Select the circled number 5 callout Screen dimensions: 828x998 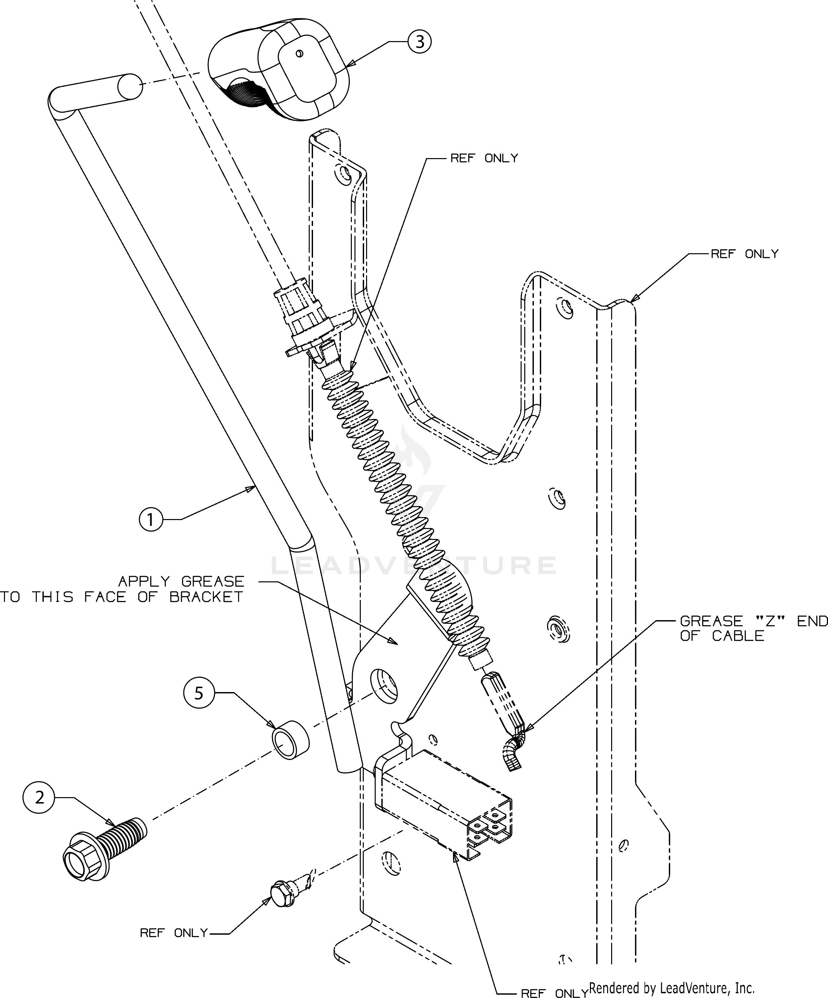tap(199, 693)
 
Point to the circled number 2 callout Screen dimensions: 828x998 tap(39, 797)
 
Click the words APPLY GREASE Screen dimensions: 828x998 tap(181, 581)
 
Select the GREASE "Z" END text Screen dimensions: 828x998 tap(753, 621)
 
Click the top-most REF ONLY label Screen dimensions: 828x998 tap(484, 158)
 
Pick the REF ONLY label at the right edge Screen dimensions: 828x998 tap(744, 254)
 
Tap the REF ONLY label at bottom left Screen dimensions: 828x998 tap(174, 933)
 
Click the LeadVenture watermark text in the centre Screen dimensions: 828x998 tap(414, 565)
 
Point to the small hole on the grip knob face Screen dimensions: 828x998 tap(299, 54)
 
